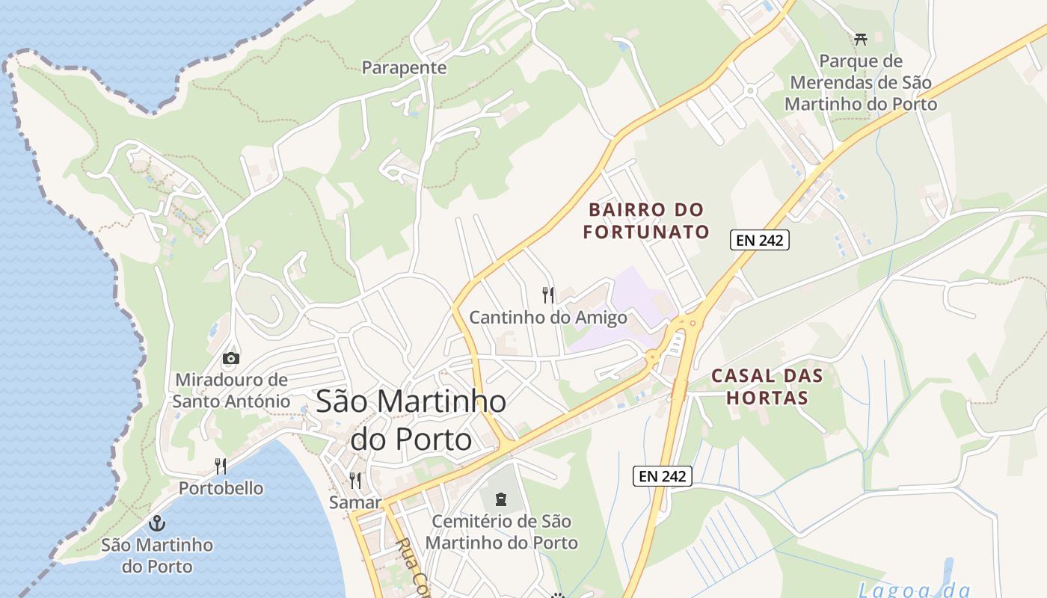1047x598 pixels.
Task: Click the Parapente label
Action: click(x=404, y=68)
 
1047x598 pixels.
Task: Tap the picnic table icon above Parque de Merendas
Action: click(x=861, y=39)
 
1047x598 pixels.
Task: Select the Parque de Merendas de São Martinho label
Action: click(x=861, y=82)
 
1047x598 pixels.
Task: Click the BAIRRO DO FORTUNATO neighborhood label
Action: click(x=646, y=221)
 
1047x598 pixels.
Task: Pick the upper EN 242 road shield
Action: click(x=760, y=240)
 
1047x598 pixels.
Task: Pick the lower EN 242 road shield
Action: click(x=663, y=475)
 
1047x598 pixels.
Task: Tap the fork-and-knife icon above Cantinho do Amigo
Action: click(x=549, y=295)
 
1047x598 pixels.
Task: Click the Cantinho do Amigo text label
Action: click(x=548, y=318)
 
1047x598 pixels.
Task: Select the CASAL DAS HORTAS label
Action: click(x=767, y=386)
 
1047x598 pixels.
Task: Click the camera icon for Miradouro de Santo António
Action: click(x=231, y=358)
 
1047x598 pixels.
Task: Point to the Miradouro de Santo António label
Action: click(x=231, y=390)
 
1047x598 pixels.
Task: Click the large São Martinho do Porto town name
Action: click(x=411, y=420)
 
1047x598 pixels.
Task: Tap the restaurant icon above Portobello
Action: click(x=221, y=466)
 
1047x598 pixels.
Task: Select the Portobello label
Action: click(x=221, y=488)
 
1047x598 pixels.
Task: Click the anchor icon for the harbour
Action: click(x=157, y=523)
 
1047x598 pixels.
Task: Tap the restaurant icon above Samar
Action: click(x=356, y=481)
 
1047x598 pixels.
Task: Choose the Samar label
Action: click(x=355, y=502)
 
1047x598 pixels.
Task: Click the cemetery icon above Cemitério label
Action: click(x=501, y=499)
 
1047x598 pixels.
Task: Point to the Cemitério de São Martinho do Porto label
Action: click(x=501, y=531)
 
